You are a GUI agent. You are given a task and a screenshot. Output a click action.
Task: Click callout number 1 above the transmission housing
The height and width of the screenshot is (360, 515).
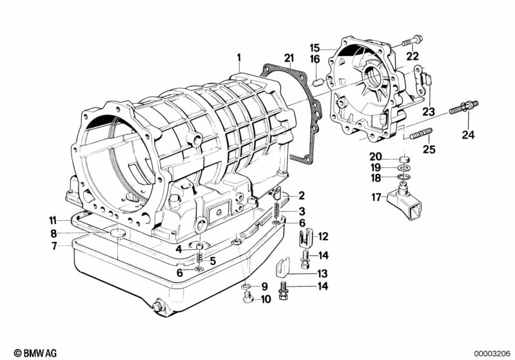coord(239,58)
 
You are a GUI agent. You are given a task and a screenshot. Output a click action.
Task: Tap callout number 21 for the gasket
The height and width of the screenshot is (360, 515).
coord(289,58)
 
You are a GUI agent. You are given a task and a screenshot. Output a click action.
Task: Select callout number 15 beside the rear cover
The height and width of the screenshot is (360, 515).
coord(315,48)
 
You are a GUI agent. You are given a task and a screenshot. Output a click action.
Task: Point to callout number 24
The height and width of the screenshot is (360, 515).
coord(469,135)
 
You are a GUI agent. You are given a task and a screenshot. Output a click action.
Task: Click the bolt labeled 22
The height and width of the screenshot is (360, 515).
coord(412,41)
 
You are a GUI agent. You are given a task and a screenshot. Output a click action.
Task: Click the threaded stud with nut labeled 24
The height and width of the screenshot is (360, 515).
coord(463,108)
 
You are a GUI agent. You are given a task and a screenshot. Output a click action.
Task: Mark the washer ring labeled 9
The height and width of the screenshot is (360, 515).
coord(246,287)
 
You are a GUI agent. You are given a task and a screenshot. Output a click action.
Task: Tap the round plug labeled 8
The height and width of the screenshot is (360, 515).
coord(117,233)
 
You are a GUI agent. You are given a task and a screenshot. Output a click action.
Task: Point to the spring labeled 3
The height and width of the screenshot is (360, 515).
coord(277,211)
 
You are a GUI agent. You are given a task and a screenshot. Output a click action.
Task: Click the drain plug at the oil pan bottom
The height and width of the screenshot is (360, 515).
coord(158,305)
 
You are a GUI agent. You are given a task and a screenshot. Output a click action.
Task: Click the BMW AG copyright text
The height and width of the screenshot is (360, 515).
coord(35,353)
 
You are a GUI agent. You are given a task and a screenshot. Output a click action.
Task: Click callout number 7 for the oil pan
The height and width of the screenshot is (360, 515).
coord(55,245)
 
